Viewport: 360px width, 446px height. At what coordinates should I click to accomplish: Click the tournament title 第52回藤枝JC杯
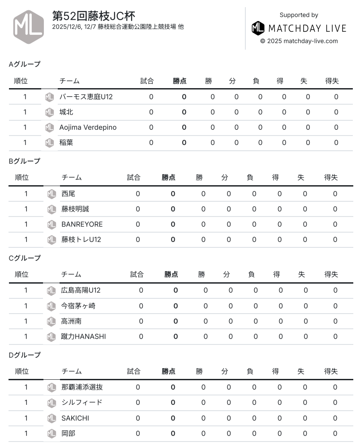pyautogui.click(x=94, y=16)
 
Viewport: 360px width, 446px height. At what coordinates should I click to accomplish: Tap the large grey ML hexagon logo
pyautogui.click(x=29, y=27)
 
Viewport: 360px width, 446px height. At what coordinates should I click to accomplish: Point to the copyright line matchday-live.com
pyautogui.click(x=299, y=41)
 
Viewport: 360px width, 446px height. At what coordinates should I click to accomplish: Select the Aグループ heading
pyautogui.click(x=25, y=64)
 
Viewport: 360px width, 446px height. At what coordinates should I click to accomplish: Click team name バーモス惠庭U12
pyautogui.click(x=86, y=97)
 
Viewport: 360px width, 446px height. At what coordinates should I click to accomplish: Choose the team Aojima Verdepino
pyautogui.click(x=88, y=127)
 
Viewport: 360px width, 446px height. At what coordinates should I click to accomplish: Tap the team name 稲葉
pyautogui.click(x=66, y=143)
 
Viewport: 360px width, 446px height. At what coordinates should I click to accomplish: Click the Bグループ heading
pyautogui.click(x=25, y=161)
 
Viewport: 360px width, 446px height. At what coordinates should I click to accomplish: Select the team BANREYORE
pyautogui.click(x=82, y=224)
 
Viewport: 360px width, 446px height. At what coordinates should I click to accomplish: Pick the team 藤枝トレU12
pyautogui.click(x=81, y=239)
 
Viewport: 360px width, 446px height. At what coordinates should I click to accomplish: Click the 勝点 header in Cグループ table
pyautogui.click(x=171, y=274)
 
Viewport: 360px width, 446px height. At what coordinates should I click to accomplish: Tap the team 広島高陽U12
pyautogui.click(x=81, y=290)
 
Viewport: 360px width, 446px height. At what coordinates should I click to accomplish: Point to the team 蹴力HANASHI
pyautogui.click(x=83, y=336)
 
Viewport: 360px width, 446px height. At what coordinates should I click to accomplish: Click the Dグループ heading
pyautogui.click(x=25, y=355)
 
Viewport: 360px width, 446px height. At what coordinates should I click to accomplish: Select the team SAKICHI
pyautogui.click(x=75, y=418)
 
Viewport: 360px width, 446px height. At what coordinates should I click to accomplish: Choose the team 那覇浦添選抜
pyautogui.click(x=82, y=387)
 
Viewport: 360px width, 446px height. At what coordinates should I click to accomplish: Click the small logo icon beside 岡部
pyautogui.click(x=51, y=433)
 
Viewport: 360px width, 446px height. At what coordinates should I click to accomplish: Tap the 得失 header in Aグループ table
pyautogui.click(x=332, y=81)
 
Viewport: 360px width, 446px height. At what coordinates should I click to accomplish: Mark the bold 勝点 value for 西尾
pyautogui.click(x=173, y=194)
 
